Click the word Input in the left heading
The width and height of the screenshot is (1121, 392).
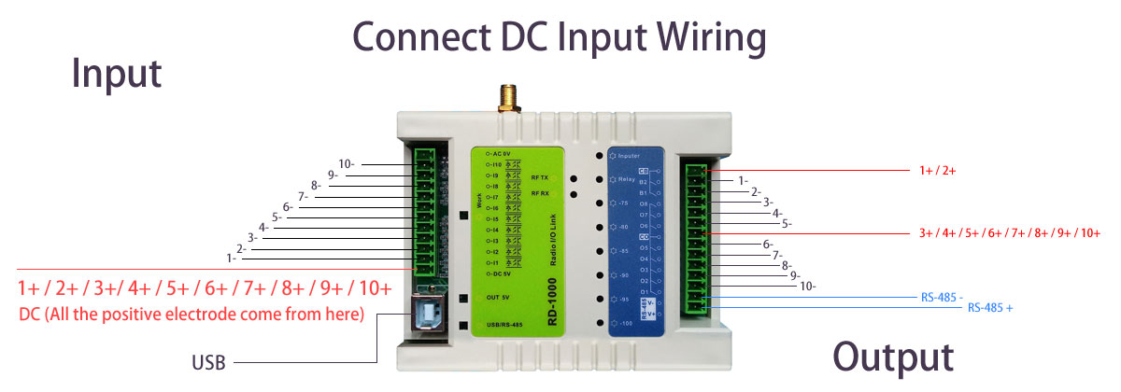point(117,75)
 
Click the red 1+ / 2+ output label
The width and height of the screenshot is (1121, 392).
point(937,171)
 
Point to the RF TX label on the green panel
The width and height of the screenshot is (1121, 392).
point(540,176)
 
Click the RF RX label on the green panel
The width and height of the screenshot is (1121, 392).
point(540,193)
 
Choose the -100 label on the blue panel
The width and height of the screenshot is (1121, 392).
point(627,323)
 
